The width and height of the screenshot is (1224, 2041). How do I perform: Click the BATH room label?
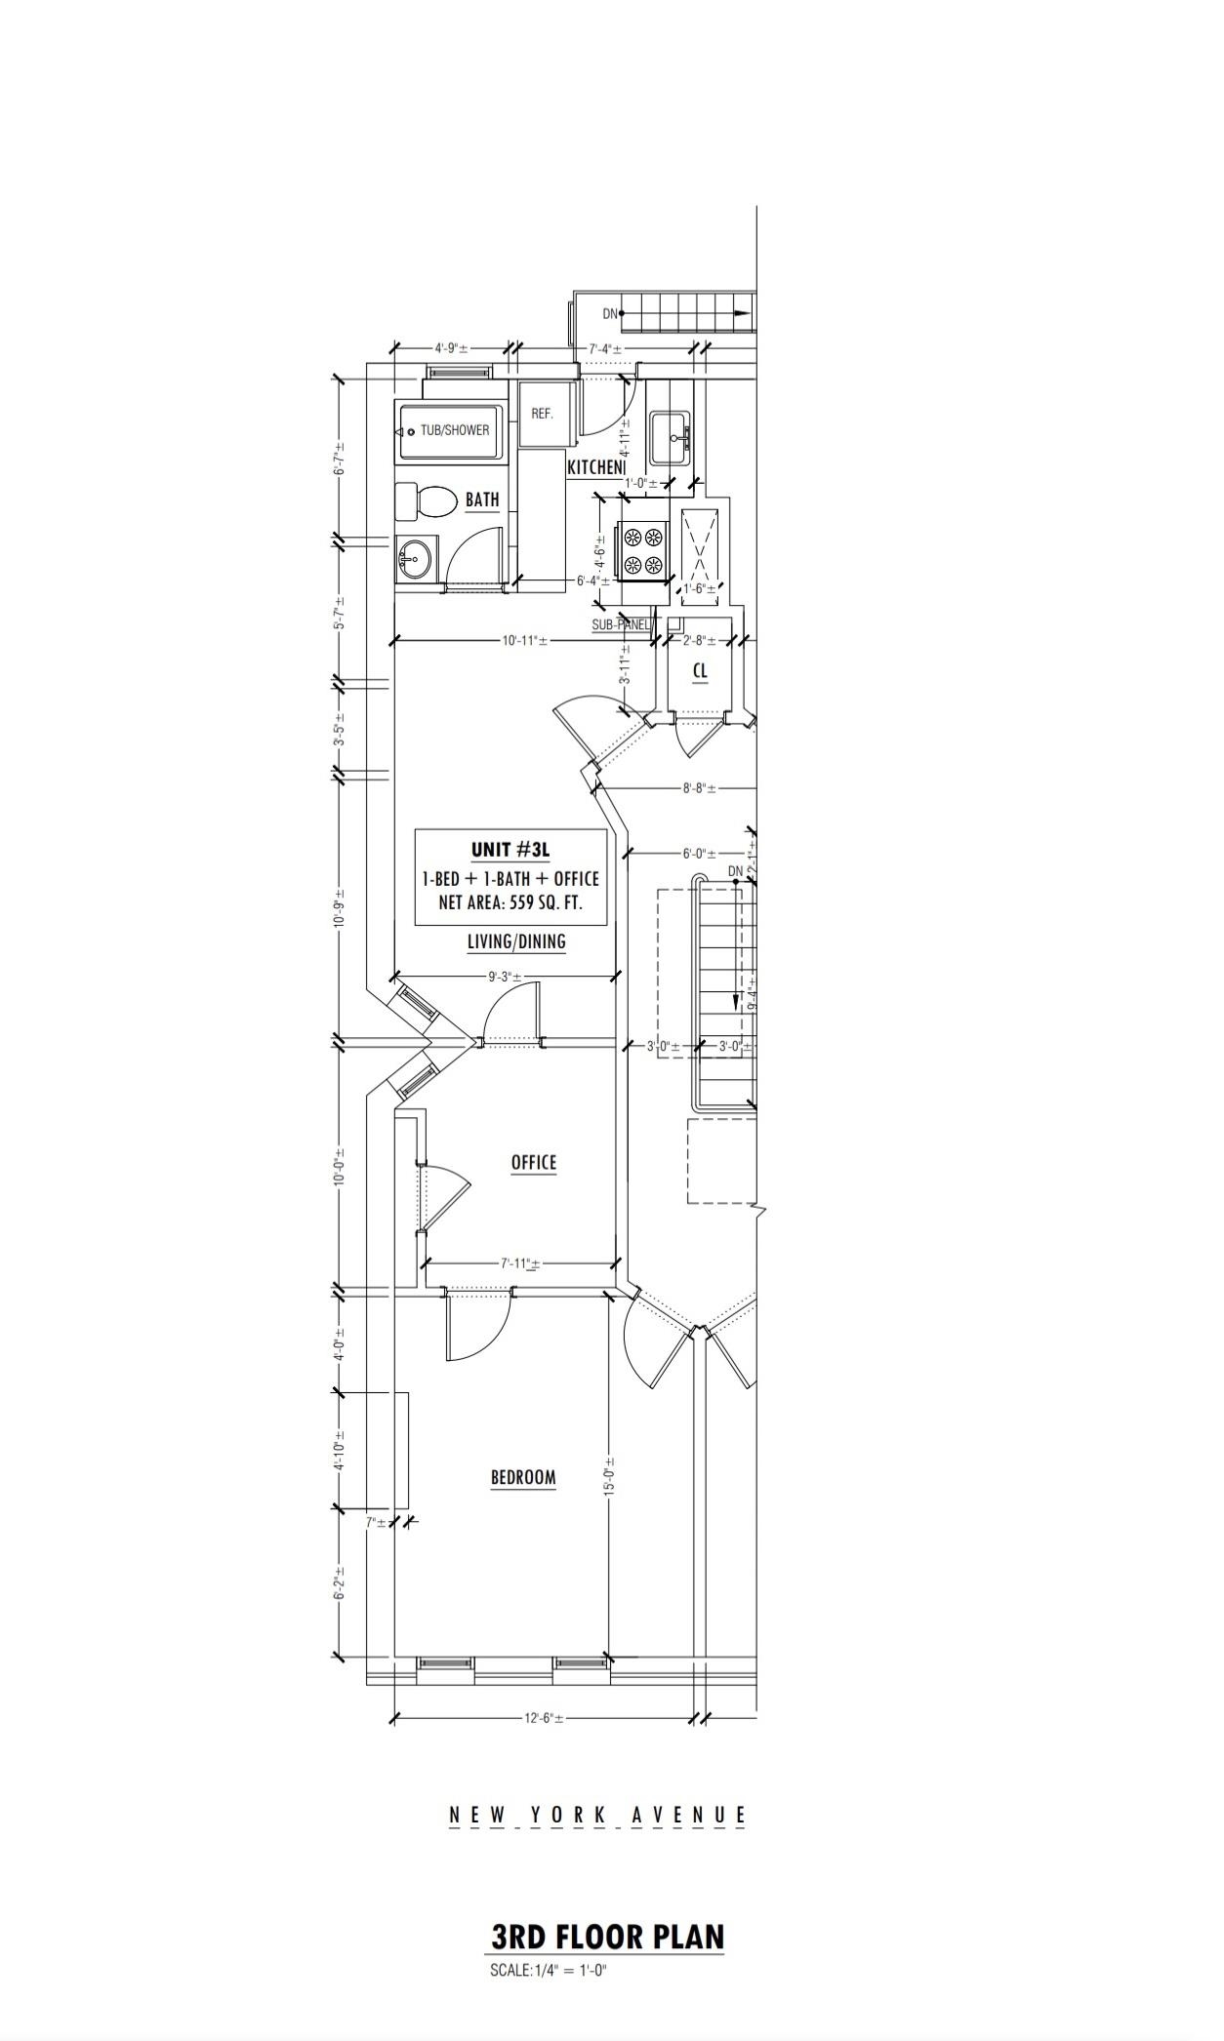pyautogui.click(x=481, y=500)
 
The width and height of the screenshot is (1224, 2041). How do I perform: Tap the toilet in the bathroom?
pyautogui.click(x=428, y=502)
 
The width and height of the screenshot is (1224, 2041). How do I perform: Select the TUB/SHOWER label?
pyautogui.click(x=454, y=430)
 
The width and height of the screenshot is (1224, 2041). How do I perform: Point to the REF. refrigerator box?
pyautogui.click(x=542, y=414)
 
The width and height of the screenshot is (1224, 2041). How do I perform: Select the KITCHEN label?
pyautogui.click(x=594, y=467)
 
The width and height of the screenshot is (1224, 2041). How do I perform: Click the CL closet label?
pyautogui.click(x=699, y=671)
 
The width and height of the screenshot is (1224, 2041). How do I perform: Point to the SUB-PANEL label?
pyautogui.click(x=622, y=624)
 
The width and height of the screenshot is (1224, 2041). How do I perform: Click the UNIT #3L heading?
pyautogui.click(x=510, y=849)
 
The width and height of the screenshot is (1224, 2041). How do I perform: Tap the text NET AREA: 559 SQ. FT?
pyautogui.click(x=510, y=903)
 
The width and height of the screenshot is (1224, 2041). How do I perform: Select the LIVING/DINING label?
pyautogui.click(x=516, y=941)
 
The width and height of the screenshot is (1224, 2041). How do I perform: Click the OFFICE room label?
pyautogui.click(x=533, y=1162)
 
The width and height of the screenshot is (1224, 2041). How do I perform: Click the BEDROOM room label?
pyautogui.click(x=522, y=1477)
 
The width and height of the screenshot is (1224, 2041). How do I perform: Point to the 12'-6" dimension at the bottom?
pyautogui.click(x=543, y=1745)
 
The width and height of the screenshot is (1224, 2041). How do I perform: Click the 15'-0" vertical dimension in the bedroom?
pyautogui.click(x=609, y=1477)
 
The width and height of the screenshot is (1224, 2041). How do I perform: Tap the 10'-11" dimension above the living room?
pyautogui.click(x=524, y=641)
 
